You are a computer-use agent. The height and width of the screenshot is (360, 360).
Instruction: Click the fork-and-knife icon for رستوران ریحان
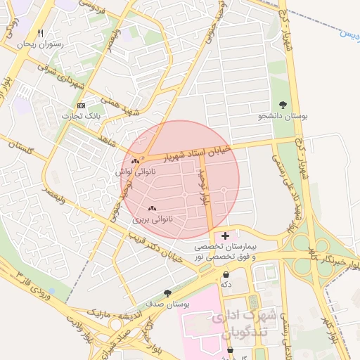click(x=40, y=34)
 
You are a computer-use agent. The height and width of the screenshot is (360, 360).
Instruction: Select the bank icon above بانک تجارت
click(x=82, y=105)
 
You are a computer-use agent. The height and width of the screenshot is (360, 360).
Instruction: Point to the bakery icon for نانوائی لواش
click(x=134, y=162)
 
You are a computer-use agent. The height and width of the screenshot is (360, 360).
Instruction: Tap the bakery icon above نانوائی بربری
click(x=153, y=208)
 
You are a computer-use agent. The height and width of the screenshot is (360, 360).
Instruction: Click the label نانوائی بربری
click(x=153, y=219)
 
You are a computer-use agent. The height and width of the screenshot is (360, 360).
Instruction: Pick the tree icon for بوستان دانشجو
click(x=283, y=105)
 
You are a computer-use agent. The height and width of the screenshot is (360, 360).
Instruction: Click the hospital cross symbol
click(x=224, y=236)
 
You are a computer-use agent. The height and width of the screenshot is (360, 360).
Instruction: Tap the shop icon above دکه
click(x=226, y=274)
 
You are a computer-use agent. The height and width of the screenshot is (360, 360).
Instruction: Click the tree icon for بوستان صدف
click(x=167, y=293)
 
